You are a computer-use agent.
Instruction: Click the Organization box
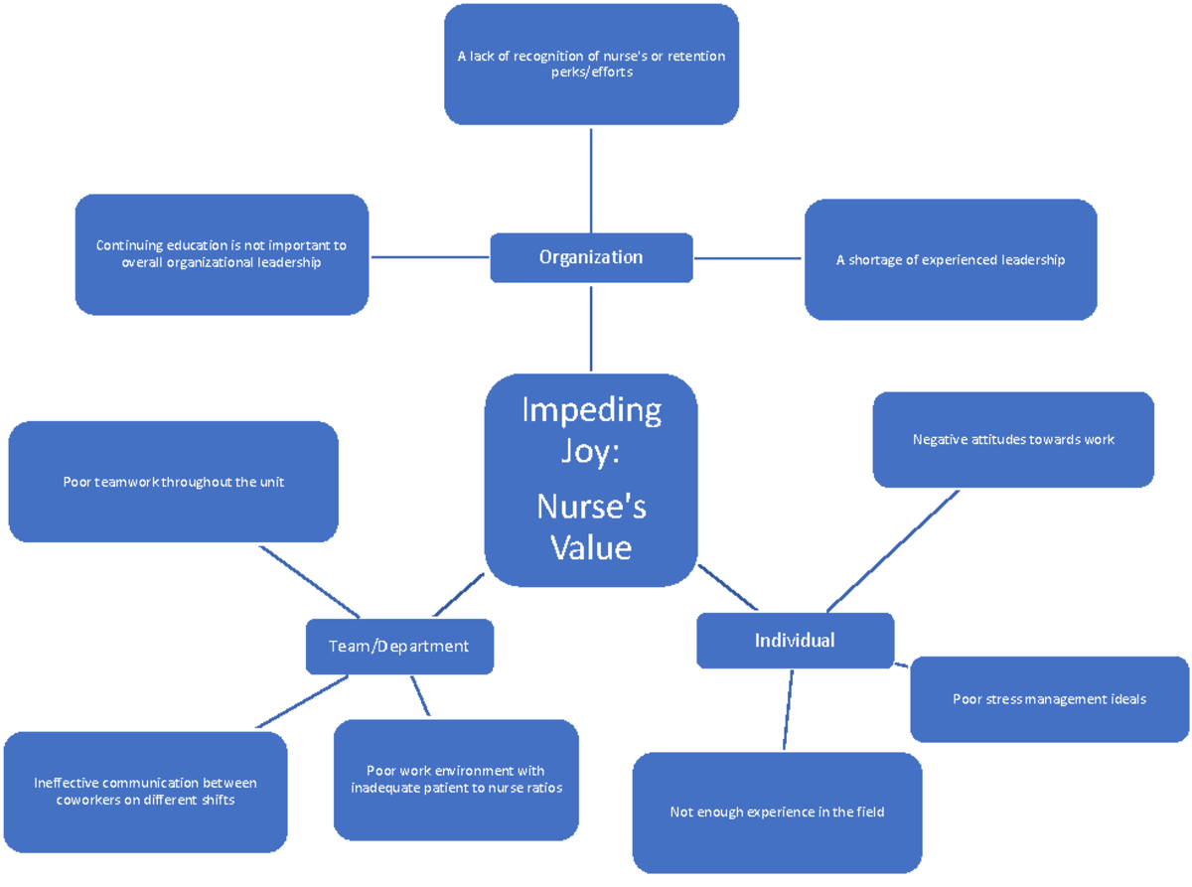pos(591,257)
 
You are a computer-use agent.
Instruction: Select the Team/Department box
pos(398,646)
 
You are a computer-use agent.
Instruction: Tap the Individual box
pos(795,640)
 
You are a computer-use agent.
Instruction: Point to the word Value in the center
pos(591,546)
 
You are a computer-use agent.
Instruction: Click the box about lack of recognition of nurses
pos(591,64)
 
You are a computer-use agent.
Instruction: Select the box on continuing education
pos(222,254)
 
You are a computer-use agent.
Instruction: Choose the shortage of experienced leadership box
pos(951,260)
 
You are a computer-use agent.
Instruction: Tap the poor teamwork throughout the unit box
pos(173,482)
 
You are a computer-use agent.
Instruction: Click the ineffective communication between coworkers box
pos(145,791)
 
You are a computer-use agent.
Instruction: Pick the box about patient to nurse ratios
pos(456,780)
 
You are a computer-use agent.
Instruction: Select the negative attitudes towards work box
pos(1013,439)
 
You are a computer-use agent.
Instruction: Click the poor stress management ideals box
pos(1049,699)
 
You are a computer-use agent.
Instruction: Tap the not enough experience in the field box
pos(777,812)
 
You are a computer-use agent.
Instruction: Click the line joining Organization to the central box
pos(591,328)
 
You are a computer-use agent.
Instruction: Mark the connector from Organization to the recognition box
pos(591,179)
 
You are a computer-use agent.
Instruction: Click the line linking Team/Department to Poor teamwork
pos(308,580)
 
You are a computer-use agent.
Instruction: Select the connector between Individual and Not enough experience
pos(788,709)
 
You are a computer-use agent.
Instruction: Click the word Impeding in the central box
pos(591,409)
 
